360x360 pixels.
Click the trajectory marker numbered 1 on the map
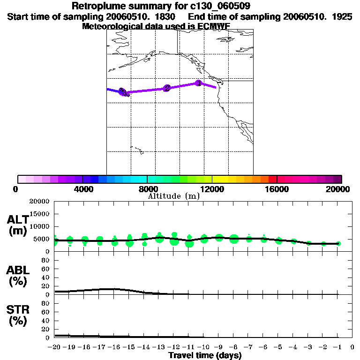pos(198,83)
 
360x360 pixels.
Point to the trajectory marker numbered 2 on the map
pos(167,88)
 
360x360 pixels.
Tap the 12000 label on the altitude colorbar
pos(212,189)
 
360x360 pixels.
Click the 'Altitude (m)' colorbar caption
pos(173,196)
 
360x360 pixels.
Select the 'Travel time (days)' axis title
pos(205,355)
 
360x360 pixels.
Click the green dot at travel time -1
pos(338,243)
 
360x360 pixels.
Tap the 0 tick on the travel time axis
pos(352,347)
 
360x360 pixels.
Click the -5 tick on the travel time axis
pos(278,347)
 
